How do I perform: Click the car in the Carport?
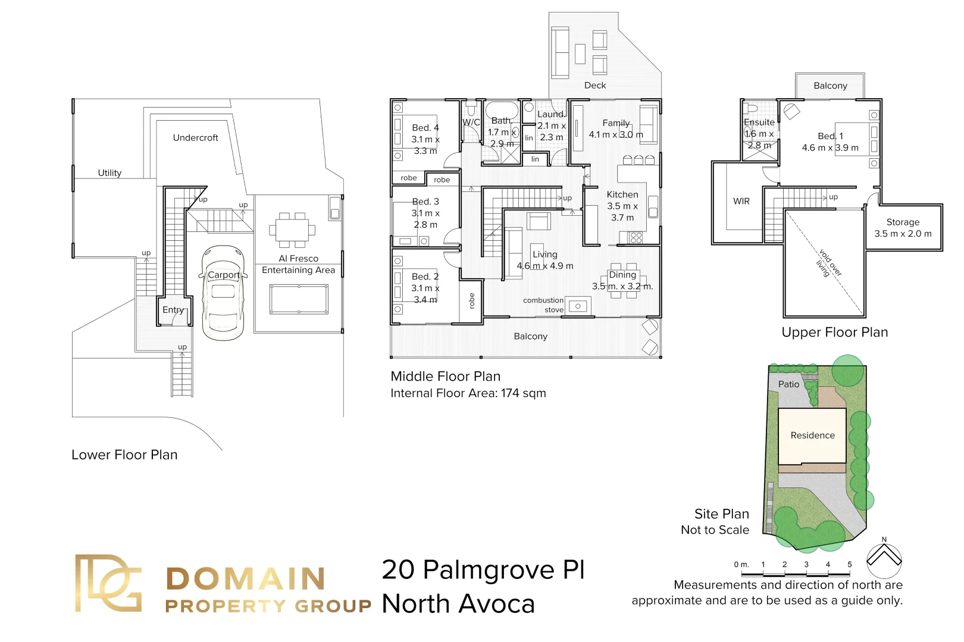coord(223,294)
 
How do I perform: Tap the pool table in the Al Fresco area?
coord(299,299)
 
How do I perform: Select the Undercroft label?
coord(195,138)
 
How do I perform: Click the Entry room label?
coord(173,310)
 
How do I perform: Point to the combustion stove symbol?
coord(577,306)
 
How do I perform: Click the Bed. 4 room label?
coord(425,128)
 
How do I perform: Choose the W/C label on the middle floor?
coord(471,122)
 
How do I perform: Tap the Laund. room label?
coord(551,114)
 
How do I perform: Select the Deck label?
coord(594,86)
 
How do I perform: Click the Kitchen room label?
coord(622,194)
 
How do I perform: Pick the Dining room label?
coord(622,275)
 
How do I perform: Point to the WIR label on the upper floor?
coord(741,202)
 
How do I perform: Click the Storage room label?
coord(902,222)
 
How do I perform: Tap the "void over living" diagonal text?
coord(828,264)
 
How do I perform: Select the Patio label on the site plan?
coord(788,385)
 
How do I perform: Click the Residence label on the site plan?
coord(812,436)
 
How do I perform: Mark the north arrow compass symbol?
coord(884,559)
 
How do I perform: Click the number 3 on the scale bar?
coord(806,564)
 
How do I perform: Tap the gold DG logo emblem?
coord(108,583)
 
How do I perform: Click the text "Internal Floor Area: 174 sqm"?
coord(468,394)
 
